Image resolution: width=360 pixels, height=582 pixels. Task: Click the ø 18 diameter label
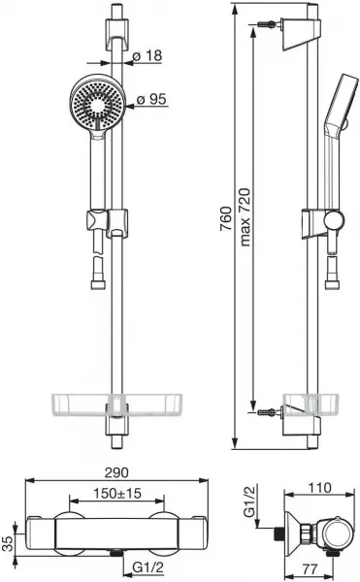pyautogui.click(x=147, y=55)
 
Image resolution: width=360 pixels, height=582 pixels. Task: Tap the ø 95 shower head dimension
pyautogui.click(x=151, y=99)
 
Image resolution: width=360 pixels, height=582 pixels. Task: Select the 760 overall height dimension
pyautogui.click(x=226, y=219)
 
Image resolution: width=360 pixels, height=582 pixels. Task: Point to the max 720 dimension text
pyautogui.click(x=245, y=217)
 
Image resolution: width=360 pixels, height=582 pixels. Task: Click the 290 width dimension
pyautogui.click(x=116, y=472)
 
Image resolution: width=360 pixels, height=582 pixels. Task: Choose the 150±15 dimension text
pyautogui.click(x=117, y=494)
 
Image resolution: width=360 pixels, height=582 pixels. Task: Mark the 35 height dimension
pyautogui.click(x=8, y=543)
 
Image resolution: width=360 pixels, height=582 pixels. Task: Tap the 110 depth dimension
pyautogui.click(x=319, y=487)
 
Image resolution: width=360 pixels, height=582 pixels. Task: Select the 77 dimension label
pyautogui.click(x=310, y=568)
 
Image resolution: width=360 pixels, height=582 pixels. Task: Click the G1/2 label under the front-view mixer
pyautogui.click(x=147, y=567)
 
